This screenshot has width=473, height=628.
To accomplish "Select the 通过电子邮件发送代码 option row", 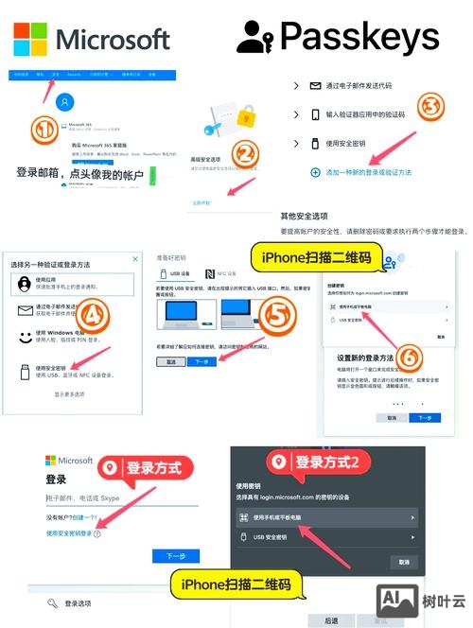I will click(370, 86).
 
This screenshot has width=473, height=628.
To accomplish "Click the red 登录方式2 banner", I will click(328, 463).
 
